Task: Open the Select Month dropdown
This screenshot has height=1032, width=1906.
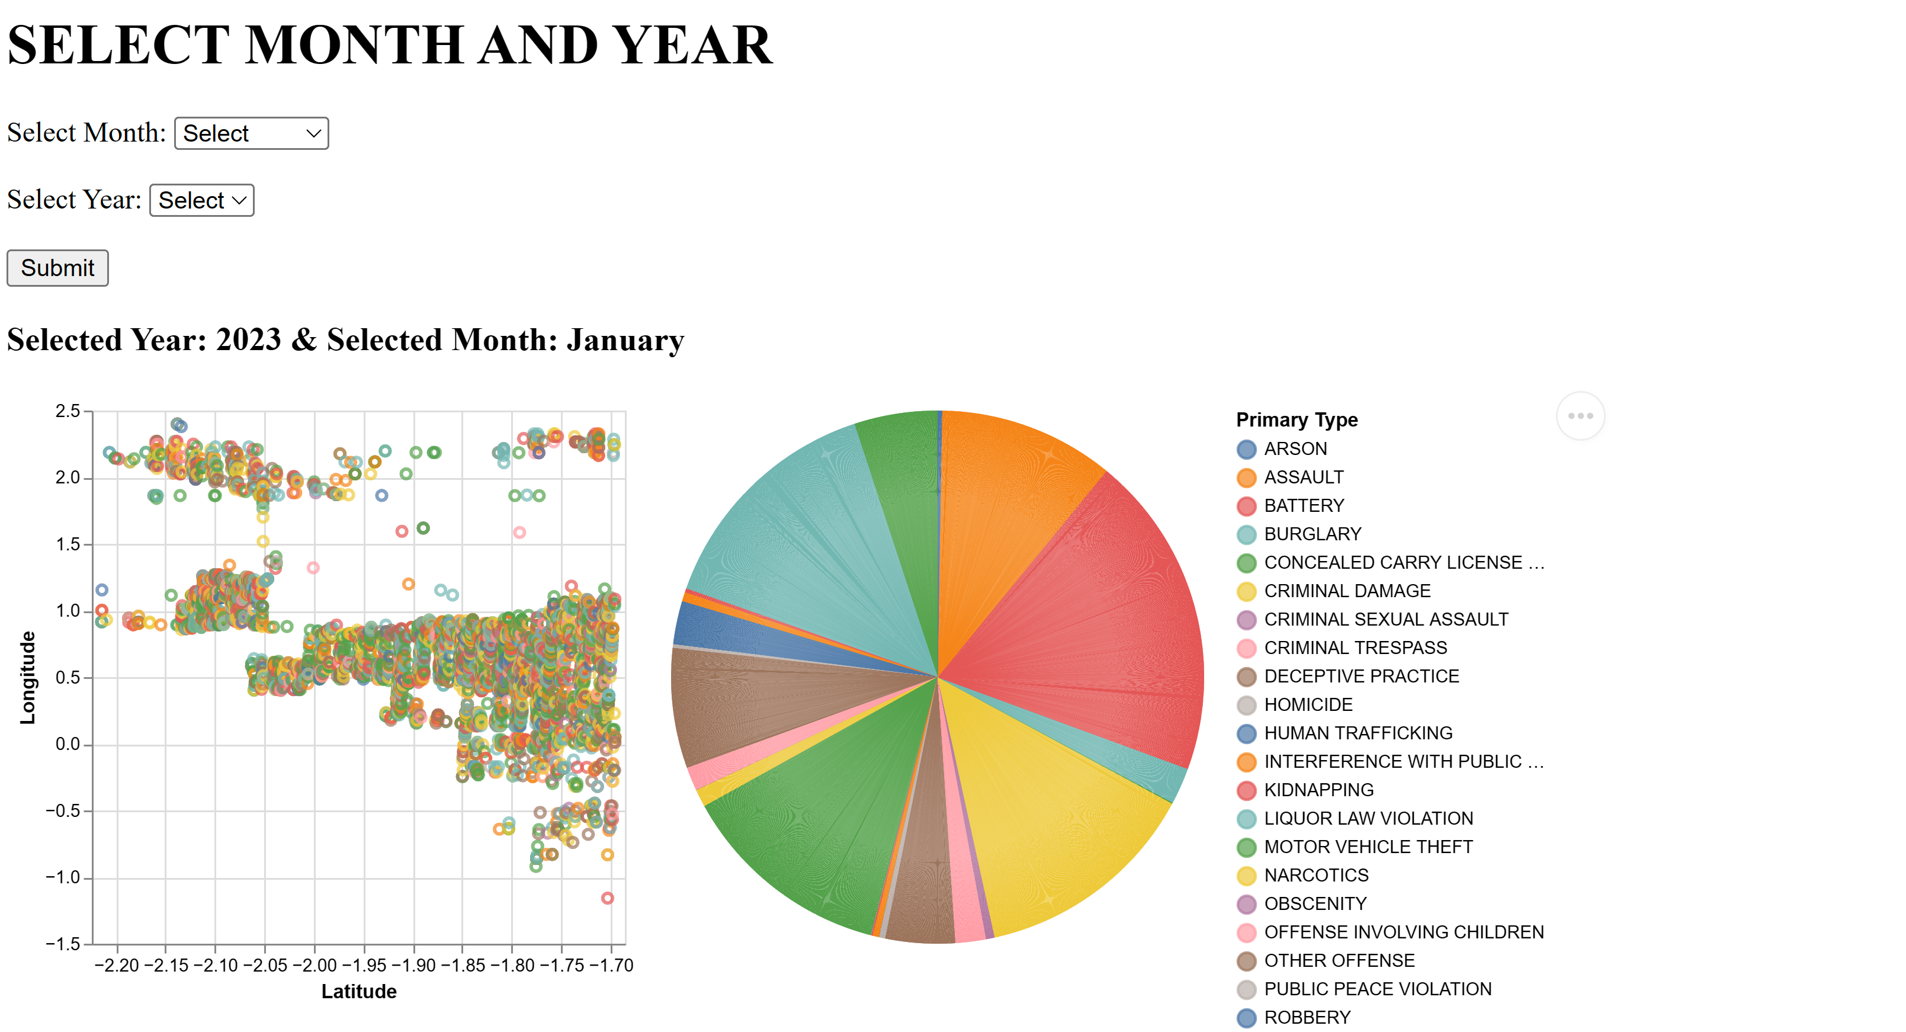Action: coord(251,133)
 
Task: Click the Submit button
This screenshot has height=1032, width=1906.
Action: coord(57,268)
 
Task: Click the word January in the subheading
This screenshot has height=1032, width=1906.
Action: coord(625,341)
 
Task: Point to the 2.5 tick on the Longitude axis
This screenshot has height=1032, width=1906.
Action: coord(68,411)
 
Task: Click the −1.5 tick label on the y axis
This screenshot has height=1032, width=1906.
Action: coord(63,944)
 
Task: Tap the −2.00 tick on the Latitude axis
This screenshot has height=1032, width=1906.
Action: coord(315,966)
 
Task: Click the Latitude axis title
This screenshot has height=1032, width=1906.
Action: coord(359,991)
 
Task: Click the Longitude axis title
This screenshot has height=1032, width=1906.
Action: coord(27,677)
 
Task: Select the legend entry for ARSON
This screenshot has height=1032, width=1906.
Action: coord(1295,448)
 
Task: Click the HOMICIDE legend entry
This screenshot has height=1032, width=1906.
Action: coord(1307,705)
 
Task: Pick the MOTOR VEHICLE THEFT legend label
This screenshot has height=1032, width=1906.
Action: coord(1368,847)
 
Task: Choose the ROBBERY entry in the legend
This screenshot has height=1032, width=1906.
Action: coord(1307,1017)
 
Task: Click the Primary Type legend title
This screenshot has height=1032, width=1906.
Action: coord(1297,420)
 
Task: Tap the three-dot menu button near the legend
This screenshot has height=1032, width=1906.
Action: coord(1580,416)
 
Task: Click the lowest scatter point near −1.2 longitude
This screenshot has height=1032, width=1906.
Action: coord(608,898)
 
